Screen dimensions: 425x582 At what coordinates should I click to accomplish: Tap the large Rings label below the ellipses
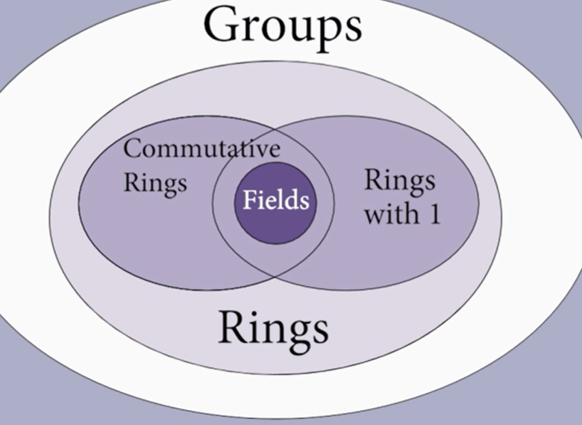click(273, 329)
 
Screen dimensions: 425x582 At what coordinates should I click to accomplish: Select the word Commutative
click(201, 148)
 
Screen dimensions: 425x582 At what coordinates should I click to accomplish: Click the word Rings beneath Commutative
click(154, 183)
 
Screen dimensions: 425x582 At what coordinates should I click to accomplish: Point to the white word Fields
click(275, 200)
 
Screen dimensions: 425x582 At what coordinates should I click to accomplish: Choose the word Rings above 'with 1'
click(399, 182)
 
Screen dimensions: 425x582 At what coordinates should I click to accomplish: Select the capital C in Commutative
click(131, 148)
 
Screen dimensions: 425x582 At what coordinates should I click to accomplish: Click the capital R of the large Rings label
click(231, 327)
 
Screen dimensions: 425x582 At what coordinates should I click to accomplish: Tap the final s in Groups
click(351, 27)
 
